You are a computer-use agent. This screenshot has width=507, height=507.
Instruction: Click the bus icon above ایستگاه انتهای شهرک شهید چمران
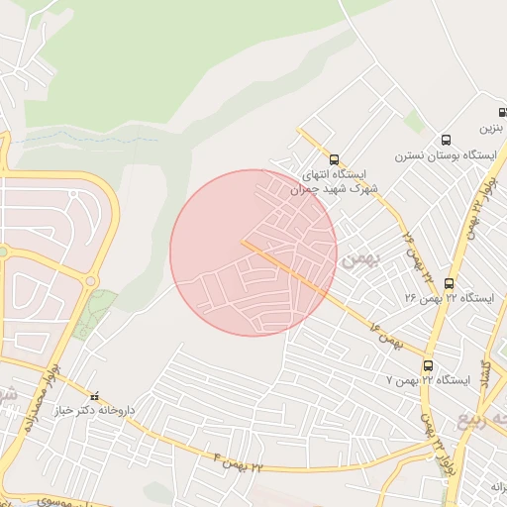(334, 157)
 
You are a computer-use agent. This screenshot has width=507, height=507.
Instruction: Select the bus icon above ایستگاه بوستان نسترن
(446, 140)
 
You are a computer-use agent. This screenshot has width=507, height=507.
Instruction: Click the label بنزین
(492, 129)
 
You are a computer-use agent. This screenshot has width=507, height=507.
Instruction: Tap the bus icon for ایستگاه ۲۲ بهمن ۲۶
(450, 283)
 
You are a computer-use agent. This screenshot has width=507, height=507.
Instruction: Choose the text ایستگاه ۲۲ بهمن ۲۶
(448, 298)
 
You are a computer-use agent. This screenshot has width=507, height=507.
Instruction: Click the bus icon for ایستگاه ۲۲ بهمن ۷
(428, 365)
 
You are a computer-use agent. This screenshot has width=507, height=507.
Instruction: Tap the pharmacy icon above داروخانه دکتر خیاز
(95, 396)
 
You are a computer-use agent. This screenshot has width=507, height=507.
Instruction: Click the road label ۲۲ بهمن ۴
(241, 458)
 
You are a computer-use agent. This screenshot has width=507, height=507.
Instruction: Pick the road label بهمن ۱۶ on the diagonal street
(387, 337)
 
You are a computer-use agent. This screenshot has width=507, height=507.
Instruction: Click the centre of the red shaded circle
(253, 253)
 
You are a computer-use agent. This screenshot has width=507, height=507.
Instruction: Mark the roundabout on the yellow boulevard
(91, 281)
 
